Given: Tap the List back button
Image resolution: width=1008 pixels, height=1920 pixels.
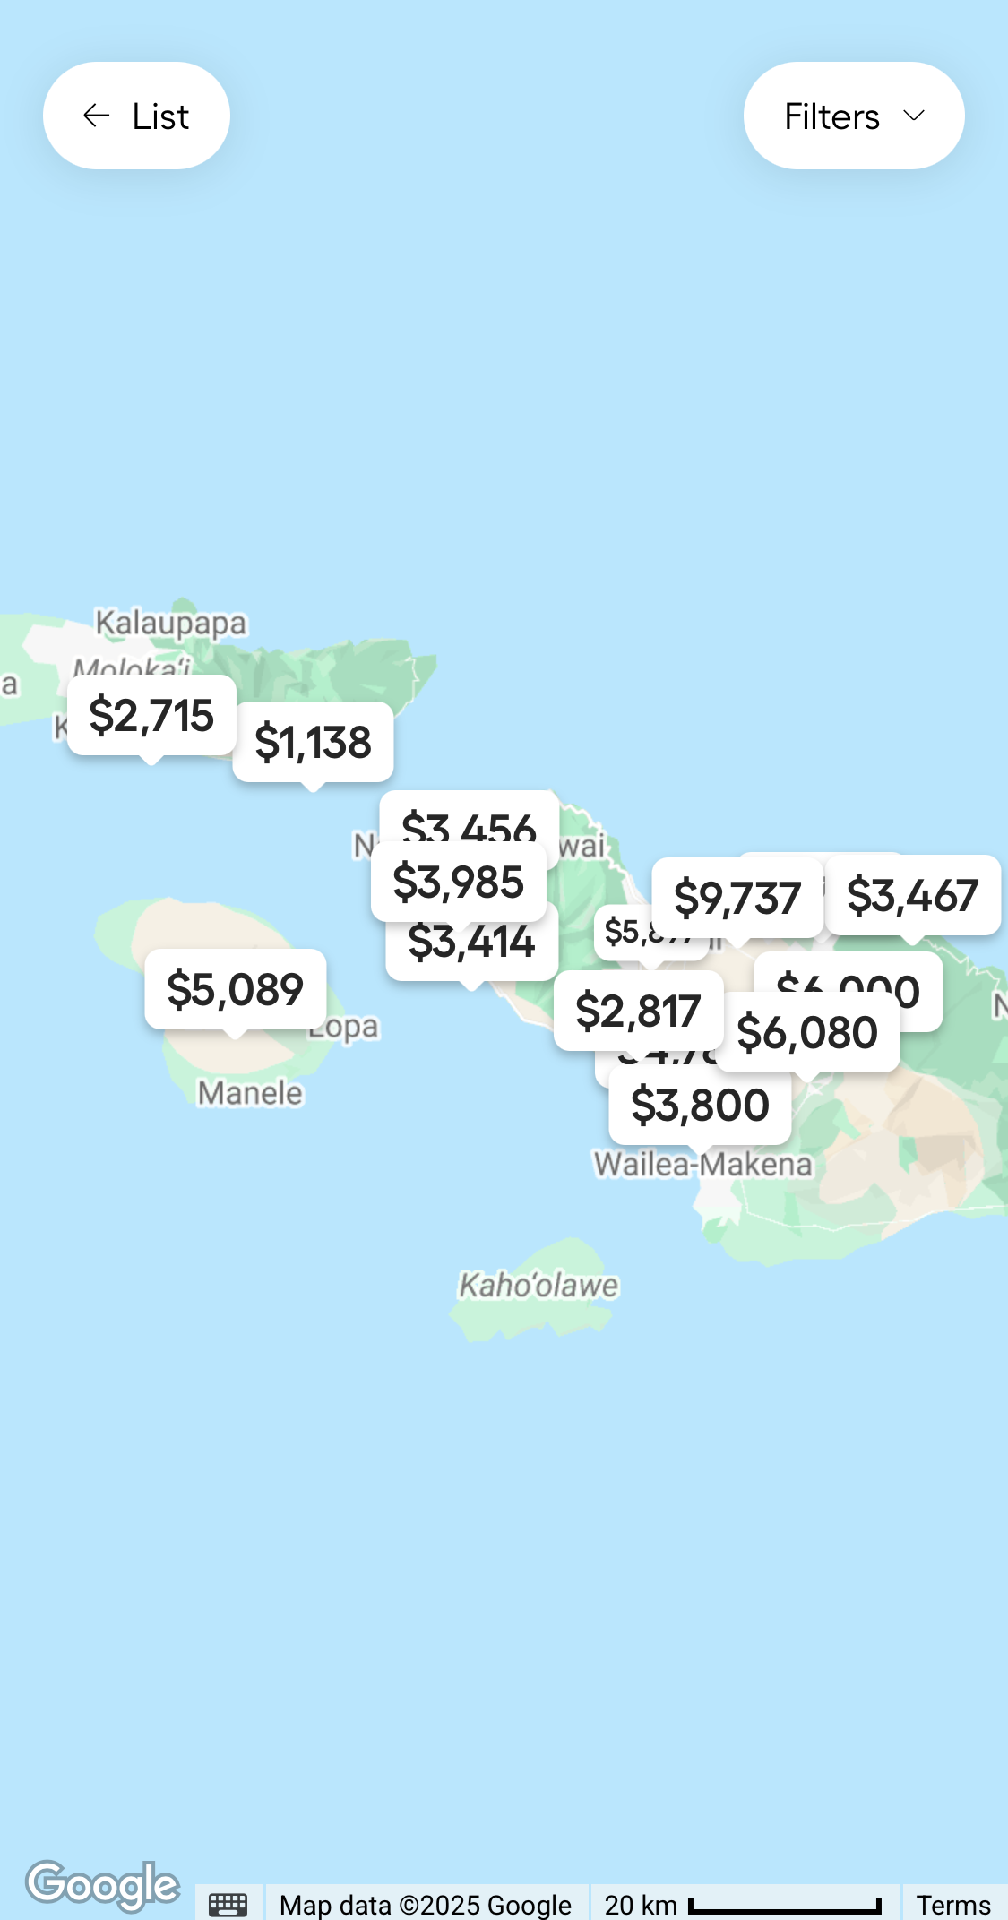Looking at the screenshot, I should [136, 116].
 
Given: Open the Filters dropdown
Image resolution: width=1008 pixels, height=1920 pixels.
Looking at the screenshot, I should [853, 116].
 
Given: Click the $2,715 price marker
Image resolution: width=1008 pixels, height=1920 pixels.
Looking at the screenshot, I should [151, 715].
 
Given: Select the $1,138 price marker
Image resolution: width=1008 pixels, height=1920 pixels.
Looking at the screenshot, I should [313, 742].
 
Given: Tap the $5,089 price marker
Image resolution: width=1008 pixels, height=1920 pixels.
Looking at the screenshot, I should [235, 989].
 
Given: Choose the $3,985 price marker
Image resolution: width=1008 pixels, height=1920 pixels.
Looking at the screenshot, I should [458, 882].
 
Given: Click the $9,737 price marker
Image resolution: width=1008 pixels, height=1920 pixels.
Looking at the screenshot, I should [737, 898].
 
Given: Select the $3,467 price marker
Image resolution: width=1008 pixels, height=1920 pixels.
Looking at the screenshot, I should [912, 895].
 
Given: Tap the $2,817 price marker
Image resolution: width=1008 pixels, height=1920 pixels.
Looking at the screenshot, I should [638, 1011].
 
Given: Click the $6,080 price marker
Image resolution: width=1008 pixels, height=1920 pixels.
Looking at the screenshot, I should [807, 1032].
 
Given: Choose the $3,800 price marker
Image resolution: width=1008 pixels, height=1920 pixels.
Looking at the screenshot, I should [700, 1105].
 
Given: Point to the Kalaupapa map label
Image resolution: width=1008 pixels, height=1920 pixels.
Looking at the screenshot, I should [170, 623].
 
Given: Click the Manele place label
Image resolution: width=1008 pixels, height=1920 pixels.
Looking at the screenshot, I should [250, 1093].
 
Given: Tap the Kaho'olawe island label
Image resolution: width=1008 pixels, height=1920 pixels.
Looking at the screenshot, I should [538, 1286].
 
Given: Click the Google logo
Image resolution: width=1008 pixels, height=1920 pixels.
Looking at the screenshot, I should [102, 1884].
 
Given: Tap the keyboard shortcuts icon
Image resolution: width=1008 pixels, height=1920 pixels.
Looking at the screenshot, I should [228, 1904].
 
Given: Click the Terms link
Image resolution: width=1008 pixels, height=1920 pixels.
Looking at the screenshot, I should [952, 1904].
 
